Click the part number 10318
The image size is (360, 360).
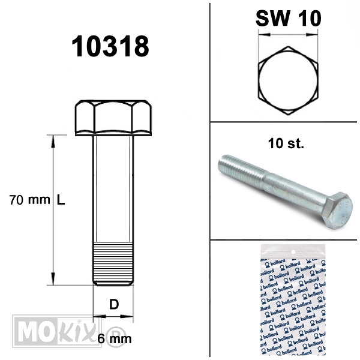tap(110, 46)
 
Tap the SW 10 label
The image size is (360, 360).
tap(289, 19)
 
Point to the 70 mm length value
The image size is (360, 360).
tap(29, 200)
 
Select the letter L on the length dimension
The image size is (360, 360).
tap(61, 200)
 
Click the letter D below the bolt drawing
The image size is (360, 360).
tap(114, 304)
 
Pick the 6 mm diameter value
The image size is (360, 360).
tap(115, 338)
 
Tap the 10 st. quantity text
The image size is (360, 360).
tap(286, 143)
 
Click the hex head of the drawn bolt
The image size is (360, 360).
tap(113, 118)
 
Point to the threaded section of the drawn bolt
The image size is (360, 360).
tap(113, 263)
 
